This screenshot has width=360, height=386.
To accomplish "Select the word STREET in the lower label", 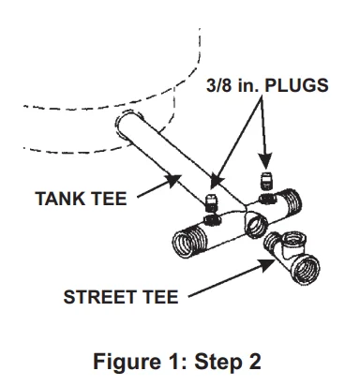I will (x=98, y=298).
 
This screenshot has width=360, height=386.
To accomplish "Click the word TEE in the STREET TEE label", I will (x=157, y=298).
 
